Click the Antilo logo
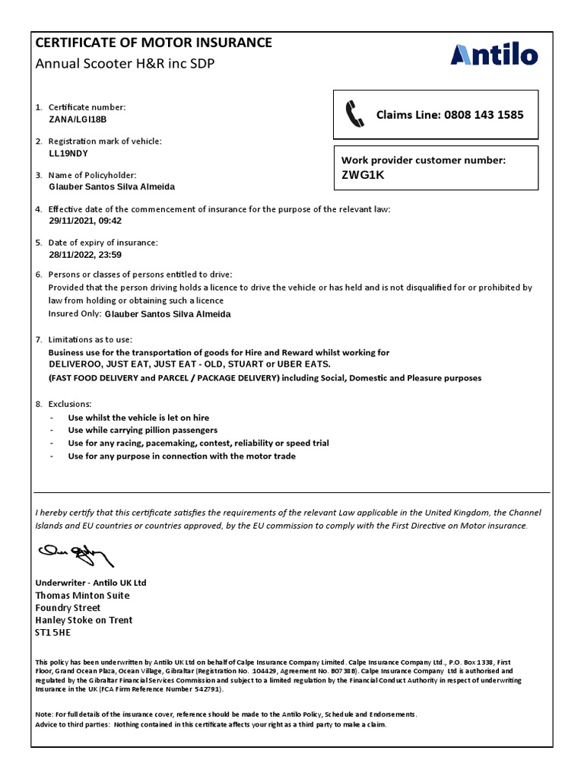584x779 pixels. click(x=494, y=56)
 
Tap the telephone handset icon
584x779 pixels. click(x=355, y=114)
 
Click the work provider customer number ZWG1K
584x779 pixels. click(x=364, y=175)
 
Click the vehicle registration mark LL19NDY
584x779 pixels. click(x=68, y=152)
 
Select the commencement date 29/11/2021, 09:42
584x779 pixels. click(x=85, y=221)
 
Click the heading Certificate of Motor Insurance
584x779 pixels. click(x=154, y=43)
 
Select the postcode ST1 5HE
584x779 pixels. click(x=52, y=632)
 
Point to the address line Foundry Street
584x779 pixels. click(x=68, y=608)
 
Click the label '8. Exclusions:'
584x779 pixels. click(x=64, y=404)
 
